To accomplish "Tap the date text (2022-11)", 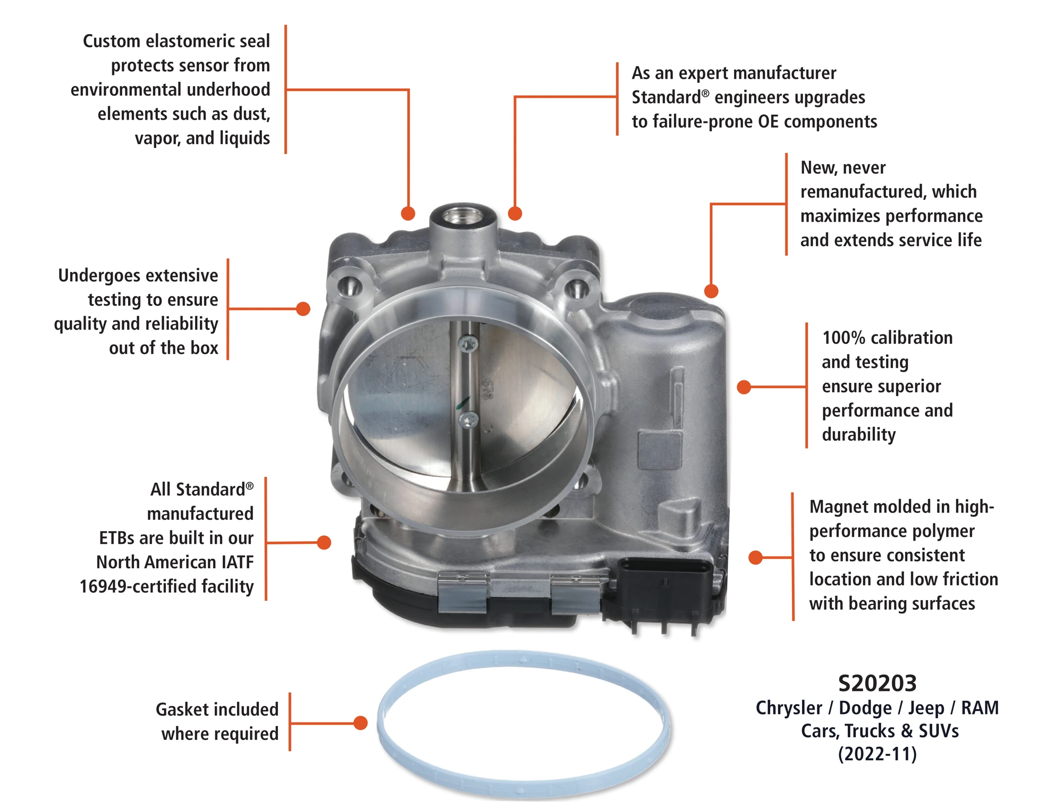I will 878,754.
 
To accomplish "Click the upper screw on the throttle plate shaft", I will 468,344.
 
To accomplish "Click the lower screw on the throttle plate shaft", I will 468,420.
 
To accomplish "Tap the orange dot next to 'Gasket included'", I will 361,723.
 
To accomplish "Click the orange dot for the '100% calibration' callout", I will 744,387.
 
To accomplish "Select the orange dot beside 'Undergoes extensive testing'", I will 303,309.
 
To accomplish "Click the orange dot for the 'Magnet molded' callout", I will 755,558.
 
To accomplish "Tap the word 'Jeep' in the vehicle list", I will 926,708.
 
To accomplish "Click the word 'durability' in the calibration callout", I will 859,435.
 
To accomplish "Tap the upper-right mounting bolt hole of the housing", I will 577,288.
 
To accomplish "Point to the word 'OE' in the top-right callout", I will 768,122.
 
